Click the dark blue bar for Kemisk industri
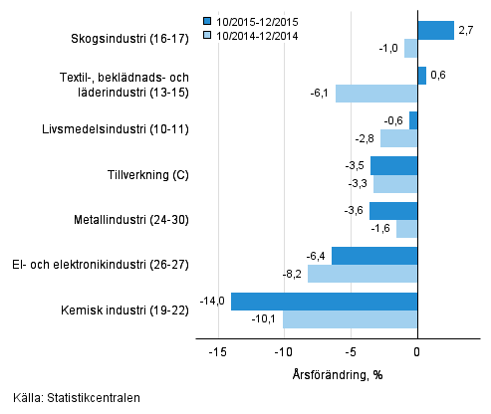[324, 302]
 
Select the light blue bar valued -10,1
[350, 319]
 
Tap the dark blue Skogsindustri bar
[435, 31]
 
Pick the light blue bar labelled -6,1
[376, 94]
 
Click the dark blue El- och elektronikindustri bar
[374, 256]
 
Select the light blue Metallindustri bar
[406, 229]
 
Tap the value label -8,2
[294, 274]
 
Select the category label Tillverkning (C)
[148, 175]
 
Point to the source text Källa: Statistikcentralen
[71, 398]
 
